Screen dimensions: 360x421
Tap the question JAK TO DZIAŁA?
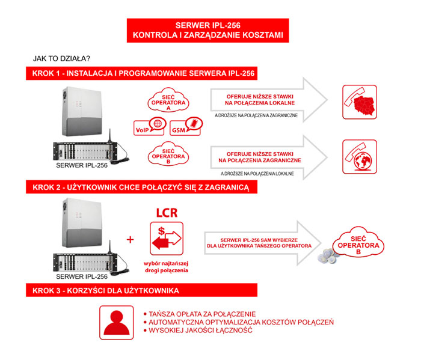coord(62,59)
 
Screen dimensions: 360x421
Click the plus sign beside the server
coord(130,239)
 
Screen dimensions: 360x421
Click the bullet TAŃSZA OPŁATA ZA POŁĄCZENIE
coord(201,314)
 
